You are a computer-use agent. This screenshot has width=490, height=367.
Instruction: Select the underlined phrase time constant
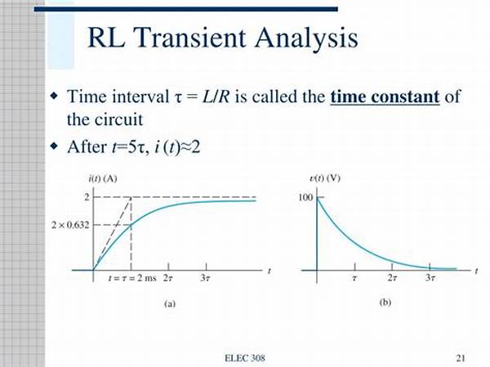point(385,96)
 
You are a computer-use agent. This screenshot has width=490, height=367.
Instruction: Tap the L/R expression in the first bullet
point(216,96)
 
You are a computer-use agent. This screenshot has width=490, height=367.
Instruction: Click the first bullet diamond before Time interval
point(54,95)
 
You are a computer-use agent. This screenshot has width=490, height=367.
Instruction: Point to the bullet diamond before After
point(54,145)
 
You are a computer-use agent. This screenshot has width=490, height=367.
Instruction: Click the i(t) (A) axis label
point(103,179)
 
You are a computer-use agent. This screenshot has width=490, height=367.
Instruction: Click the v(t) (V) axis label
point(325,178)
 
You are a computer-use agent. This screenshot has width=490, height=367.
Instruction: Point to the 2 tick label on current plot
point(87,197)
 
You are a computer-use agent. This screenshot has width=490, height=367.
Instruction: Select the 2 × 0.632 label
point(70,225)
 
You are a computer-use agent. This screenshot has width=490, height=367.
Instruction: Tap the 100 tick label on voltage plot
point(305,198)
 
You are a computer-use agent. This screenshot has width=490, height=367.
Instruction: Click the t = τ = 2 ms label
point(131,278)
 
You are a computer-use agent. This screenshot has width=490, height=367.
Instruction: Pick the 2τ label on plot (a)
point(167,278)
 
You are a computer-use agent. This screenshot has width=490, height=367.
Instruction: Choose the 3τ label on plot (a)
point(205,278)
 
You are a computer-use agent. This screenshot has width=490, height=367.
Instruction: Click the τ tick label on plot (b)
point(354,278)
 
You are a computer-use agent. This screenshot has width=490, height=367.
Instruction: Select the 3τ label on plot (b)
point(430,278)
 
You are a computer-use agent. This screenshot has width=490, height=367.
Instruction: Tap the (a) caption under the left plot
point(170,304)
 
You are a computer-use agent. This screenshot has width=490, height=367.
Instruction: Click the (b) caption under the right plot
point(385,302)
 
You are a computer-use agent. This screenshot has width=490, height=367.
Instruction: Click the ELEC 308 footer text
point(245,358)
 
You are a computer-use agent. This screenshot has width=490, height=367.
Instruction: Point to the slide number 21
point(461,358)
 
